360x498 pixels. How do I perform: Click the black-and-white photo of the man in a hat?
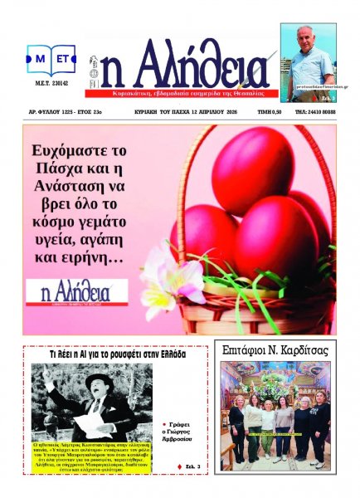pos(91,402)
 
